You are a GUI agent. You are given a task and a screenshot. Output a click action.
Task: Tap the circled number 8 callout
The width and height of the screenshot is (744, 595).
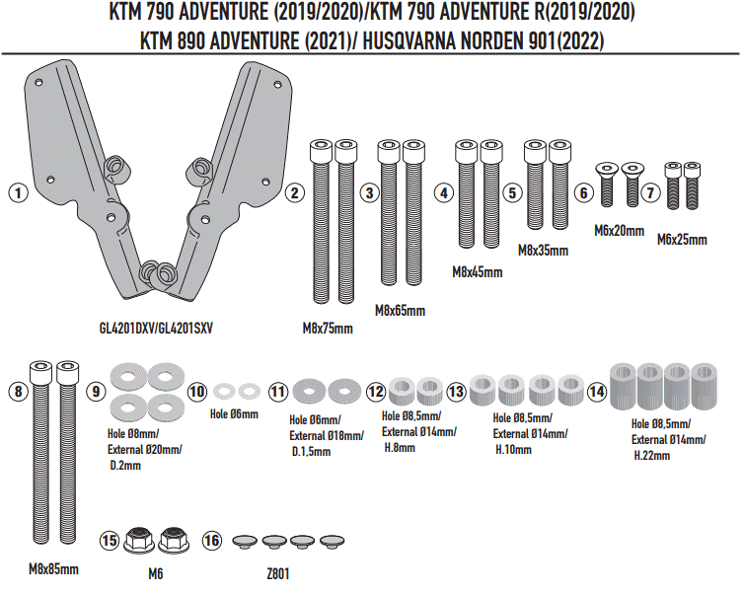tap(17, 392)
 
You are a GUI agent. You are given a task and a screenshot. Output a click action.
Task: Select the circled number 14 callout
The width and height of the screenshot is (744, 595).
tap(597, 392)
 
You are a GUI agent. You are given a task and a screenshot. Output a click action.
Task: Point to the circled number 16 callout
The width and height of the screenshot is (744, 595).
tap(212, 540)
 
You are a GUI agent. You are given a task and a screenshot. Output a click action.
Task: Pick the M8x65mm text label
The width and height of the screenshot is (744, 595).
tap(400, 310)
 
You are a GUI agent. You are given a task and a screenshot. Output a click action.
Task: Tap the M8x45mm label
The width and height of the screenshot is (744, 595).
tap(477, 270)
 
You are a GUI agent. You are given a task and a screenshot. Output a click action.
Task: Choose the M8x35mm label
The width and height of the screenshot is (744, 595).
tap(543, 251)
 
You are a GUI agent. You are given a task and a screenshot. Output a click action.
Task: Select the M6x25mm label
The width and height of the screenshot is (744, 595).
tap(682, 238)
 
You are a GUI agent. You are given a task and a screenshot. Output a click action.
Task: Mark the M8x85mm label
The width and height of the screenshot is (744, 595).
tap(53, 569)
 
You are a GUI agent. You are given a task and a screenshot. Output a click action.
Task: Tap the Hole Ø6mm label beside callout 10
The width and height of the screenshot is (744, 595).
tap(234, 414)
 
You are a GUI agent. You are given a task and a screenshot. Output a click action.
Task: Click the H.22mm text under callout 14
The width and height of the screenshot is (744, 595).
tap(651, 456)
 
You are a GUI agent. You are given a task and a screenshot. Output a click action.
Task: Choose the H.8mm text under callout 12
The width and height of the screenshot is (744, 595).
tap(399, 447)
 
